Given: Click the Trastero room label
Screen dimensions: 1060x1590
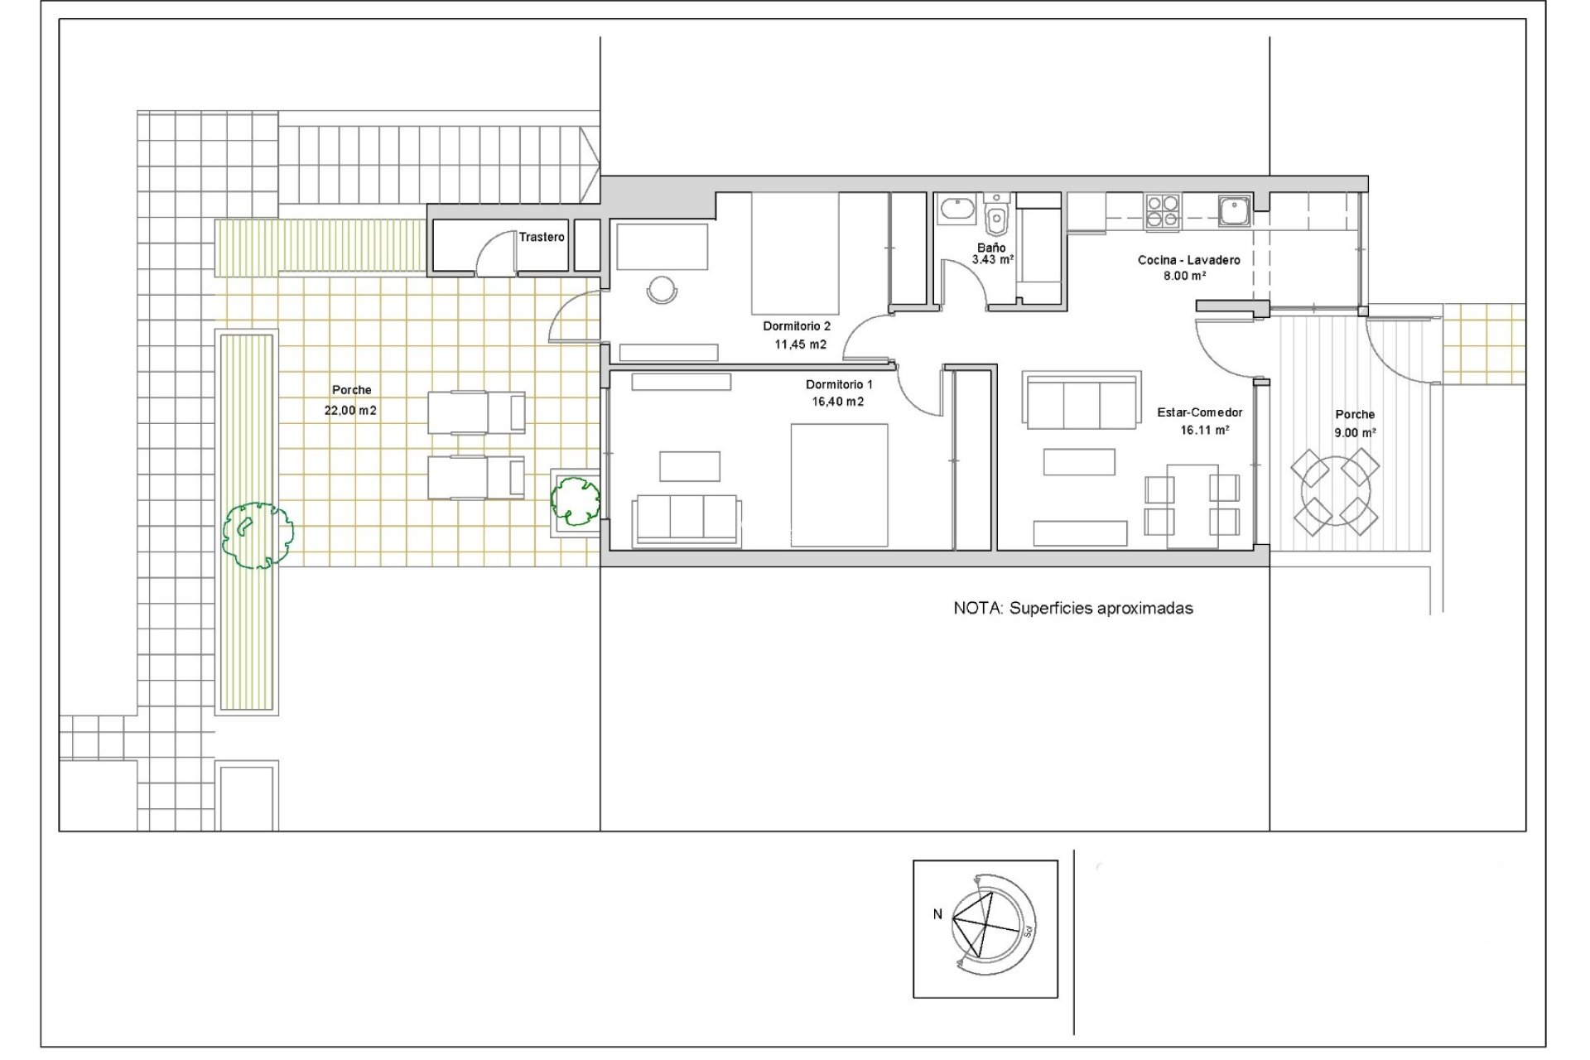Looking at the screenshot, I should click(542, 237).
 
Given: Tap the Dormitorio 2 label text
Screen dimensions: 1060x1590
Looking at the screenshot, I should click(796, 326).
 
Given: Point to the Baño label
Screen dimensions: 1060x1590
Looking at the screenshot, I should click(991, 248).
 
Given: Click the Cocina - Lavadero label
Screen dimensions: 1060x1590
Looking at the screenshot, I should click(1188, 260).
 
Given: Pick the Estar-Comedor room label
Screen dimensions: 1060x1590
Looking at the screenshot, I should click(1199, 412).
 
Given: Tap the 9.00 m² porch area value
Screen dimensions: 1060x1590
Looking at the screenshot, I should click(1355, 432).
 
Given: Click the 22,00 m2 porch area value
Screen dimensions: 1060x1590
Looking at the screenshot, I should click(351, 410).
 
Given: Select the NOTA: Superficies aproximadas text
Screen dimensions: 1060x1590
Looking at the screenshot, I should click(1073, 609).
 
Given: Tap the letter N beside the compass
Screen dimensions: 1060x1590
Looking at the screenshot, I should click(937, 915).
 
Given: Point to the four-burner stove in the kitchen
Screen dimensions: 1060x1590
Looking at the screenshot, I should click(1163, 211).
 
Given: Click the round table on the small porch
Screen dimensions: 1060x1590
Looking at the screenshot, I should click(1335, 493).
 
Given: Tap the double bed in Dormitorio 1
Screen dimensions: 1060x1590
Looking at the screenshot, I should click(839, 485).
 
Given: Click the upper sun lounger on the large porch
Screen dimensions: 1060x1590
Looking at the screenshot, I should click(476, 412).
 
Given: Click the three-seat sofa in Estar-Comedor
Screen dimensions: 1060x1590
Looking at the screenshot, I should click(1081, 401).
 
